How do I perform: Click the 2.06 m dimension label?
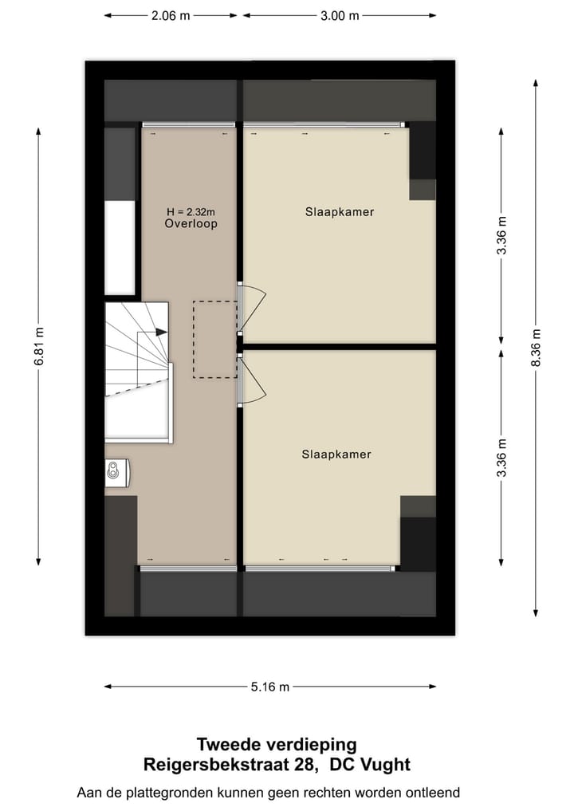[x=171, y=15]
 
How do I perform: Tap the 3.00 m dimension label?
[x=340, y=15]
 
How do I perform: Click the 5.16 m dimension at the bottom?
[x=270, y=687]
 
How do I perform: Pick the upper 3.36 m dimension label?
[x=501, y=236]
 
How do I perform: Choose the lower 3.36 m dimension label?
[x=501, y=458]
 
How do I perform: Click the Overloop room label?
[x=191, y=224]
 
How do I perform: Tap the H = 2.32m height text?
[x=191, y=212]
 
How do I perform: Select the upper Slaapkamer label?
[x=340, y=212]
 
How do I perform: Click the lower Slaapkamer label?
[x=336, y=455]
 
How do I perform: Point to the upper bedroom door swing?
[x=254, y=307]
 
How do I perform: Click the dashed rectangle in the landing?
[x=215, y=339]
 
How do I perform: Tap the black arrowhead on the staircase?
[x=162, y=332]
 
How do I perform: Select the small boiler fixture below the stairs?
[x=117, y=472]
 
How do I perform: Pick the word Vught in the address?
[x=384, y=766]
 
